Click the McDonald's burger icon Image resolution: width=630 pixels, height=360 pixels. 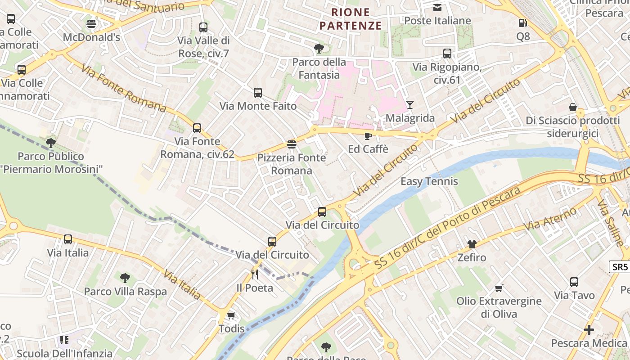pyautogui.click(x=91, y=24)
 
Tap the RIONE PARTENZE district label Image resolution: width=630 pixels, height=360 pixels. pyautogui.click(x=351, y=19)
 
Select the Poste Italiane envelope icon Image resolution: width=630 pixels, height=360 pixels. pyautogui.click(x=437, y=7)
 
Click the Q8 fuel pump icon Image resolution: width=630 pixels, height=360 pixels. pyautogui.click(x=522, y=23)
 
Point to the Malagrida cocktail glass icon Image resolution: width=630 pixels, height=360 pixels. pyautogui.click(x=409, y=105)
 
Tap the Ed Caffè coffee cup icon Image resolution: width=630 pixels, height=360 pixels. pyautogui.click(x=368, y=136)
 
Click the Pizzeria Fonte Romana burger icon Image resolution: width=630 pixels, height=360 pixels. pyautogui.click(x=292, y=144)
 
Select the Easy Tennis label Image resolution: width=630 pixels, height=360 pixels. pyautogui.click(x=429, y=181)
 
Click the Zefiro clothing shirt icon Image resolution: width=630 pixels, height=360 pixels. pyautogui.click(x=472, y=244)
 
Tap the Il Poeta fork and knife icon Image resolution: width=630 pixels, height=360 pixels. pyautogui.click(x=255, y=274)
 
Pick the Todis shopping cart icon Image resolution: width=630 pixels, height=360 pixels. pyautogui.click(x=231, y=315)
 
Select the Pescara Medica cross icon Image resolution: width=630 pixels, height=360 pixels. pyautogui.click(x=589, y=330)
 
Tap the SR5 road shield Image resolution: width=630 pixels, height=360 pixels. pyautogui.click(x=620, y=267)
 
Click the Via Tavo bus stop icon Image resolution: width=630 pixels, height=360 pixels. pyautogui.click(x=574, y=282)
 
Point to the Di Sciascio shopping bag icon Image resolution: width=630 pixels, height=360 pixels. pyautogui.click(x=573, y=107)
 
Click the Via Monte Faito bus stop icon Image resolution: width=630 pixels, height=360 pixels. pyautogui.click(x=258, y=93)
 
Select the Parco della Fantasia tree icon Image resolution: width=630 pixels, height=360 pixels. pyautogui.click(x=319, y=48)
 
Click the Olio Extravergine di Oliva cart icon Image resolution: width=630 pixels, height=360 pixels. pyautogui.click(x=499, y=288)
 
